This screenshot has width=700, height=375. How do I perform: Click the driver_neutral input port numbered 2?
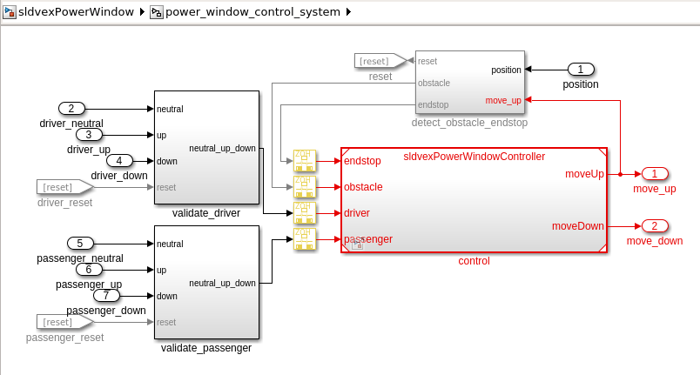[x=71, y=109]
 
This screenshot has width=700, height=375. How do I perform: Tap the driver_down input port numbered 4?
[x=119, y=160]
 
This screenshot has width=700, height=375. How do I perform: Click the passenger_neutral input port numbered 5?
[x=80, y=244]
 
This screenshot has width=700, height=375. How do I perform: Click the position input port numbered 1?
[x=581, y=70]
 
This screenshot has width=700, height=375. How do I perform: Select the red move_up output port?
[x=654, y=174]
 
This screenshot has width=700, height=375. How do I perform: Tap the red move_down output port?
[x=654, y=226]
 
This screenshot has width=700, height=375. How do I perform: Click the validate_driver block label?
[x=206, y=212]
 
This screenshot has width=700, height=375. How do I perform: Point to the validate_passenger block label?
[x=206, y=348]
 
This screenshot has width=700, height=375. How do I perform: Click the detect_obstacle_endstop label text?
[x=469, y=123]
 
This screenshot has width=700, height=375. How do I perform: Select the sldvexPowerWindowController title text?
[x=474, y=157]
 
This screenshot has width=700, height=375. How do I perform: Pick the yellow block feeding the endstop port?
[x=304, y=161]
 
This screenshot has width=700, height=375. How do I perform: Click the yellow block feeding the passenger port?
[x=304, y=239]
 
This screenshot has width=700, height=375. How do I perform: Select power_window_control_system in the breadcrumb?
[x=252, y=12]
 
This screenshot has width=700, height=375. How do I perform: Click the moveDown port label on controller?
[x=577, y=226]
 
